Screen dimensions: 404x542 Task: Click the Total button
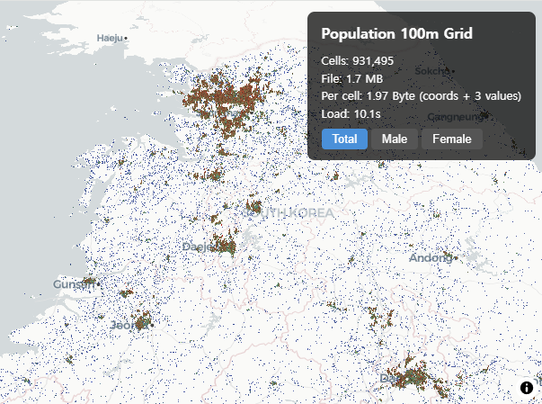[x=344, y=139]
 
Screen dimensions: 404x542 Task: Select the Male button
[x=394, y=139]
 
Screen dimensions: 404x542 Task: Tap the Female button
[x=451, y=139]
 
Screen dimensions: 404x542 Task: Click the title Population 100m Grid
[x=396, y=34]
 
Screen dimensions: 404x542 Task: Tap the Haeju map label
[x=109, y=38]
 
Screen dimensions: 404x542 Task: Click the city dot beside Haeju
[x=127, y=39]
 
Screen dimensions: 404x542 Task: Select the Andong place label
[x=431, y=258]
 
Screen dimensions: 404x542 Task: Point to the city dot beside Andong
[x=456, y=259]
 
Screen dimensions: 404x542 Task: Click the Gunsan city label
[x=73, y=284]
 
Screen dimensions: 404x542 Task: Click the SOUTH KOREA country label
[x=288, y=212]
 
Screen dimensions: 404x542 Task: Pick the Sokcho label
[x=431, y=70]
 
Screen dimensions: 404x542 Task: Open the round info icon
[x=527, y=388]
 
